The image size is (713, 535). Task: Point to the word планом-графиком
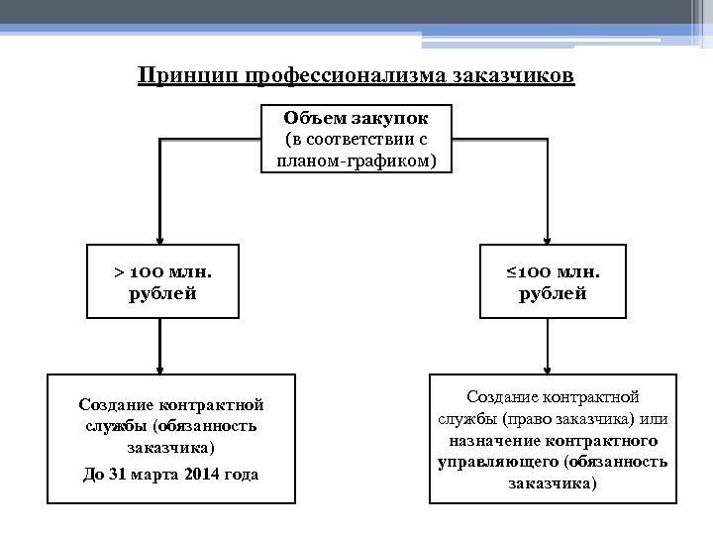(356, 160)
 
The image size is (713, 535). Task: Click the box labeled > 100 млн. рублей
(162, 281)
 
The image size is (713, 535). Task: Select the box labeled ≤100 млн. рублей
(554, 281)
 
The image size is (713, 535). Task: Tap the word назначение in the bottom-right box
(492, 440)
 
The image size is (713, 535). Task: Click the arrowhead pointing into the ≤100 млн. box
(551, 239)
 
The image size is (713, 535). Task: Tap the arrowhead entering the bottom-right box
(551, 369)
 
